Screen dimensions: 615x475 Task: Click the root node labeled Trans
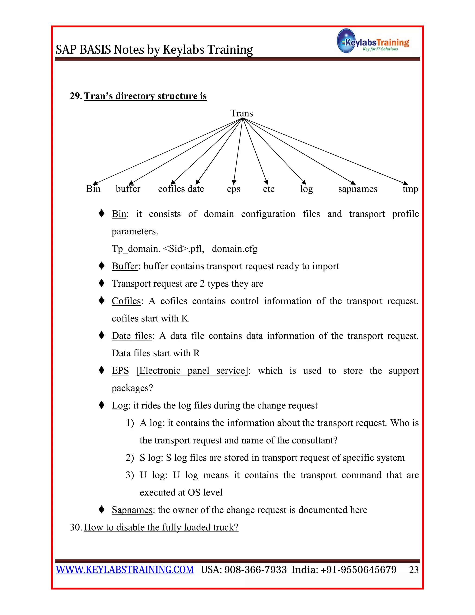241,113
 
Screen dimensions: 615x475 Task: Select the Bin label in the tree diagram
93,189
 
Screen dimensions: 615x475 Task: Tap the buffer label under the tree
128,189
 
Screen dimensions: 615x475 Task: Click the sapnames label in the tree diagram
357,189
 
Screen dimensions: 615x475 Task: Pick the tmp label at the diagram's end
410,189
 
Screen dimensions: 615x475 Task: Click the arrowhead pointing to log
304,182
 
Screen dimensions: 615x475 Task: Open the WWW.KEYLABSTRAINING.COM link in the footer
125,570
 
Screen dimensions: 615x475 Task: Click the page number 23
413,570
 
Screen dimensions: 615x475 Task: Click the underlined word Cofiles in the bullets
126,301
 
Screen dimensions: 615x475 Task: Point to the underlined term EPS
120,371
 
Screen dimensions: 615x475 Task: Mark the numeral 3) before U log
130,475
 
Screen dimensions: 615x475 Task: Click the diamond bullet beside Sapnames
102,509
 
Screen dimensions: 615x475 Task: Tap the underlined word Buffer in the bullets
125,266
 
